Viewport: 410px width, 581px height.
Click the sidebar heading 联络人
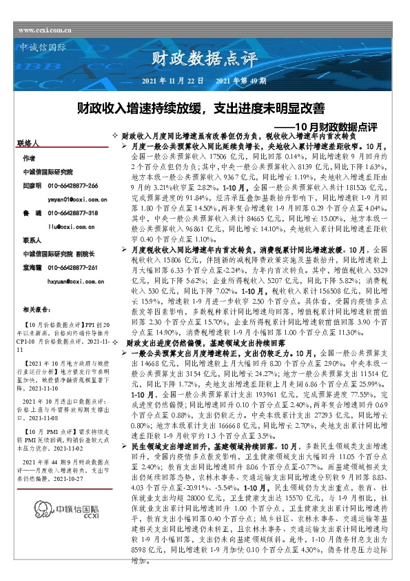click(x=28, y=143)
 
